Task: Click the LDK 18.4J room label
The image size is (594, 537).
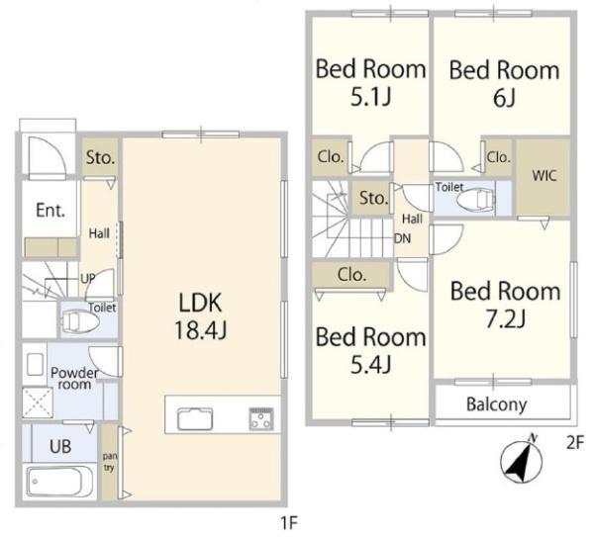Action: pos(200,316)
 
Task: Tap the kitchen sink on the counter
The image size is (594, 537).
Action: pos(195,418)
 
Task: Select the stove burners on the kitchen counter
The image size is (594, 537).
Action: pos(261,419)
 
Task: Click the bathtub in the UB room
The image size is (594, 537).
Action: pos(59,481)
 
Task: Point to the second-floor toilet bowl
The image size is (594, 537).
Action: pos(476,199)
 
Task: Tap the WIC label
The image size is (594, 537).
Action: pos(544,176)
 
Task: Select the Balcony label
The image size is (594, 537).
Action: pos(497,404)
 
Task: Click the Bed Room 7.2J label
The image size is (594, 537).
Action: pos(505,305)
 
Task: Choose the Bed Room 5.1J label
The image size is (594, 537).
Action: pos(371,82)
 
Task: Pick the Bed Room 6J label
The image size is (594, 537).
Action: pos(504,84)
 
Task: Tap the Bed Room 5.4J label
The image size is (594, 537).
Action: pos(371,350)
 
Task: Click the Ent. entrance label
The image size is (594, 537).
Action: pos(50,210)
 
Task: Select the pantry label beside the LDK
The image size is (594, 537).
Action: pos(109,462)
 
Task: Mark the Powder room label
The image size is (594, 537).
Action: pos(74,379)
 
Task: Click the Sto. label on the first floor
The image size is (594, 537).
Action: pos(100,157)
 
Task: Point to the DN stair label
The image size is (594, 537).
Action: pos(402,238)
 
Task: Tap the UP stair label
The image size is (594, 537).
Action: pos(88,279)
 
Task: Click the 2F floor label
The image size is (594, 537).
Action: pos(575,443)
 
